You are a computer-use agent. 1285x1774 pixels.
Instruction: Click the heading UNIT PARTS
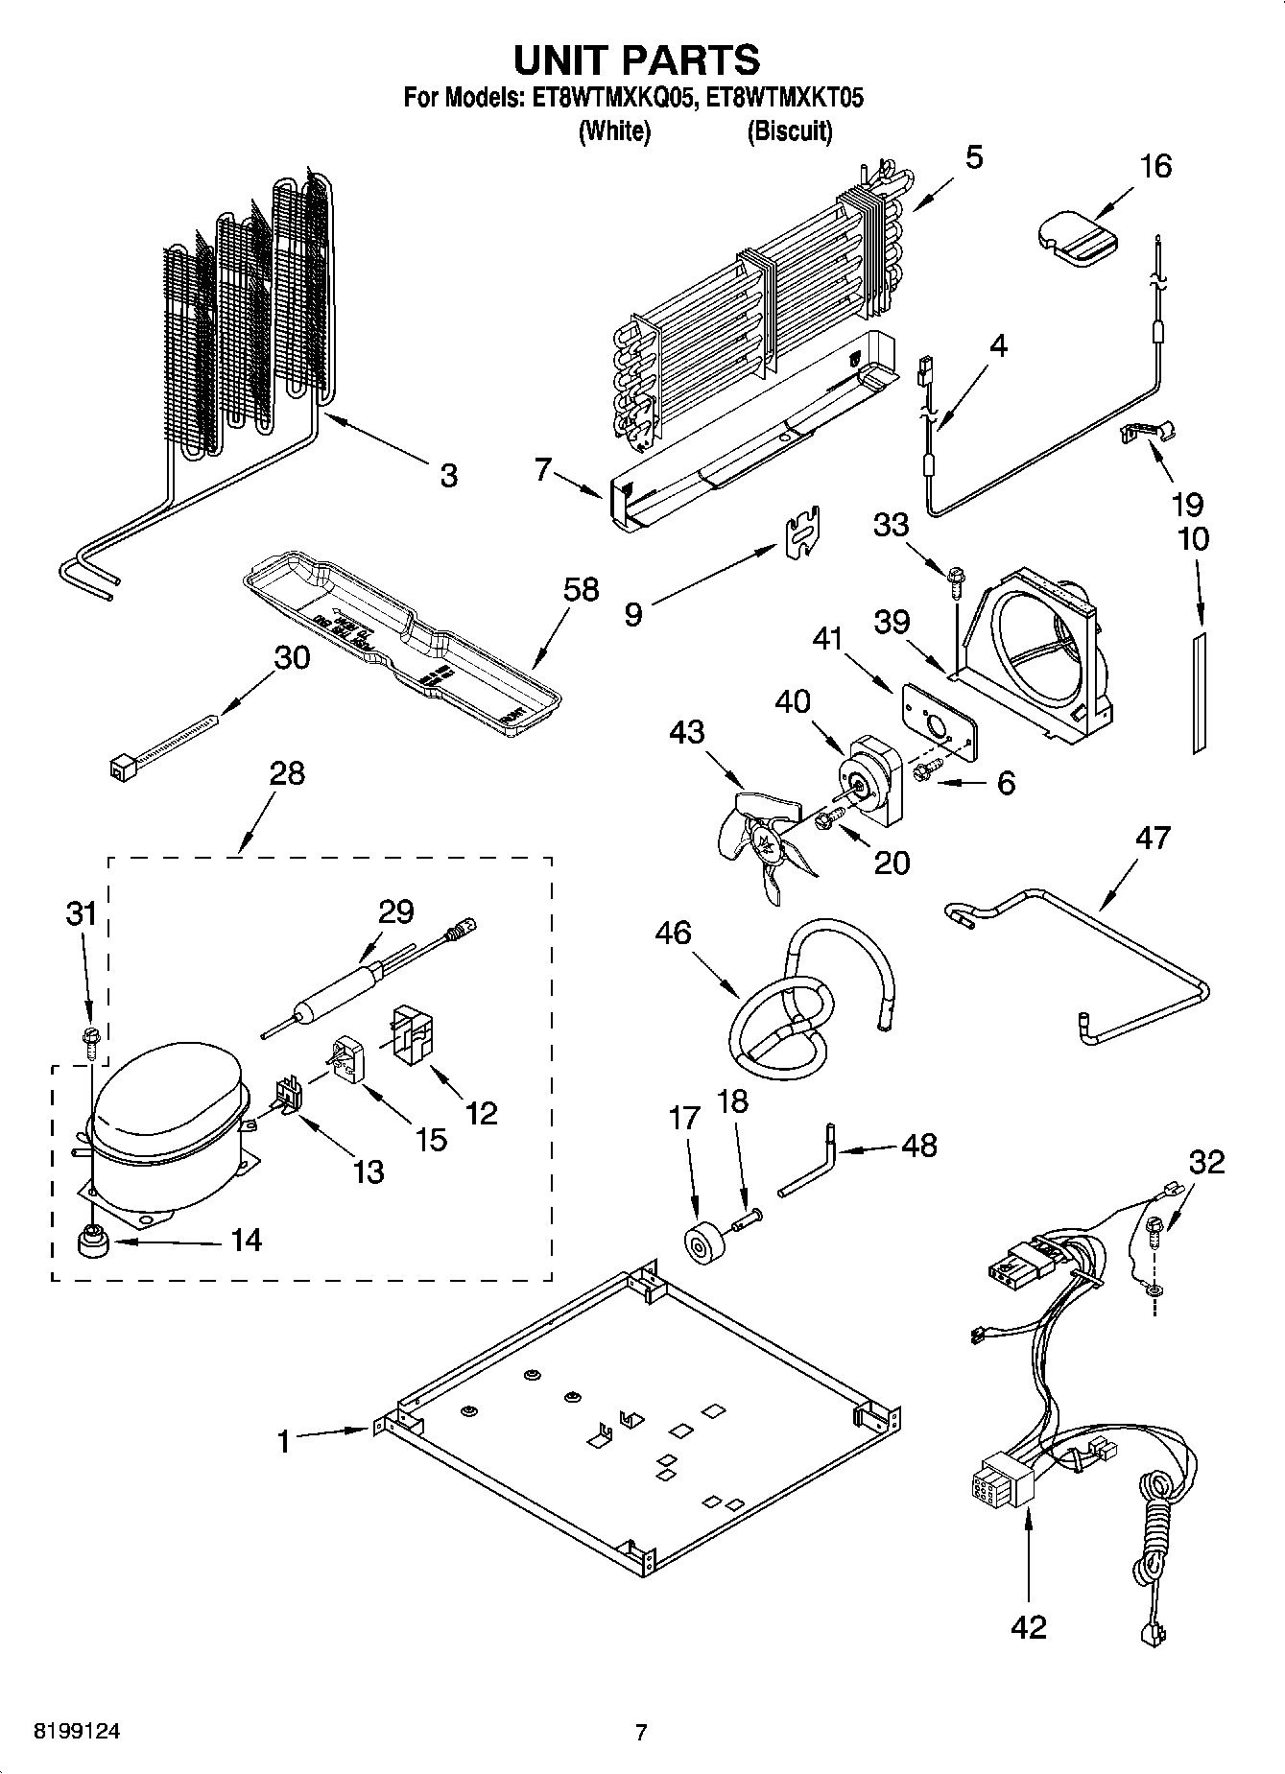click(x=637, y=59)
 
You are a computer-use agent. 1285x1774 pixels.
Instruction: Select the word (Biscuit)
click(x=790, y=131)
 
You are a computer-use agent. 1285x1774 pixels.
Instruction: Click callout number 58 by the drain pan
click(x=582, y=589)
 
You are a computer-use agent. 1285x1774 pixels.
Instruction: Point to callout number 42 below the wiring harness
click(x=1028, y=1627)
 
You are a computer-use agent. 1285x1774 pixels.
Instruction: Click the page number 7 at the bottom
click(x=641, y=1732)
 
